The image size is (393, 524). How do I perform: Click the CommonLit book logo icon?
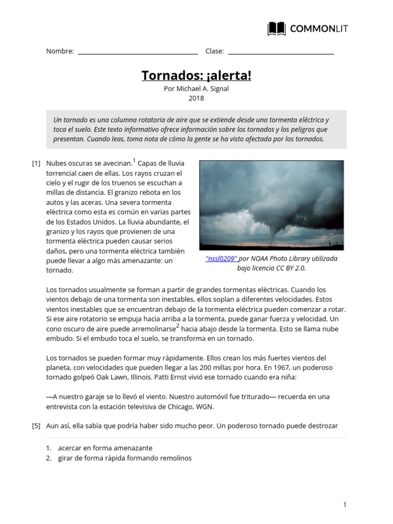coord(277,29)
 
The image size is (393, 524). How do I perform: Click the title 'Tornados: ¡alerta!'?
coord(196,76)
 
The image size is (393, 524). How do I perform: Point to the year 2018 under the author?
coord(196,98)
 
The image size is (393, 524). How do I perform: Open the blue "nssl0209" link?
coord(222,259)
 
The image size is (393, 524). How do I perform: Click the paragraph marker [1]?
coord(36,164)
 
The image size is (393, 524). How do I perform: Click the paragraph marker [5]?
coord(36,426)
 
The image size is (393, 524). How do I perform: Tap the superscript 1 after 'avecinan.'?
coord(134,161)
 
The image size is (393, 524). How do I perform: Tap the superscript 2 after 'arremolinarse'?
coord(178,326)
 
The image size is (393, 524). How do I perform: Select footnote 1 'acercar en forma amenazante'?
coord(105,448)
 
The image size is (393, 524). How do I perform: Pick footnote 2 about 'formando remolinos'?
coord(124,458)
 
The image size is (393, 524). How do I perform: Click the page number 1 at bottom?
coord(345,505)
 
